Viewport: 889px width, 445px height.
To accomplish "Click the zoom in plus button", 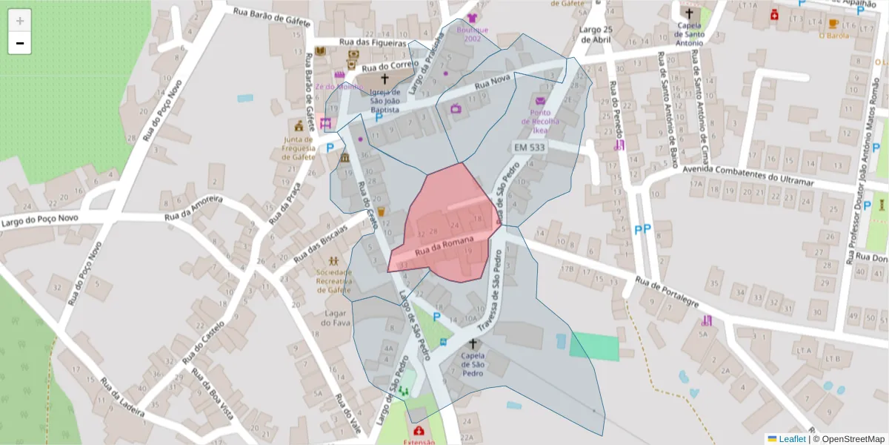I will click(x=20, y=21).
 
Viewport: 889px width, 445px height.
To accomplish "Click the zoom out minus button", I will click(x=20, y=43).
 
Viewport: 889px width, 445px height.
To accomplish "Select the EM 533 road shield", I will click(x=530, y=148).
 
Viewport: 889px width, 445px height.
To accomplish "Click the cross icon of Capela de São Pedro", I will click(x=473, y=344).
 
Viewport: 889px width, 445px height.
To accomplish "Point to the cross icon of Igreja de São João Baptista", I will click(x=384, y=79).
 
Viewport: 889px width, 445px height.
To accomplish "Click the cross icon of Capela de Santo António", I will click(x=689, y=13).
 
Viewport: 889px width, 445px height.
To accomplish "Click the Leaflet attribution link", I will click(x=791, y=439).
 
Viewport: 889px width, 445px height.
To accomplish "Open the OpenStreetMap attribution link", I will click(x=849, y=439).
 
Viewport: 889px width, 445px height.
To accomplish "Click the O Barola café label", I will click(x=833, y=35).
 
